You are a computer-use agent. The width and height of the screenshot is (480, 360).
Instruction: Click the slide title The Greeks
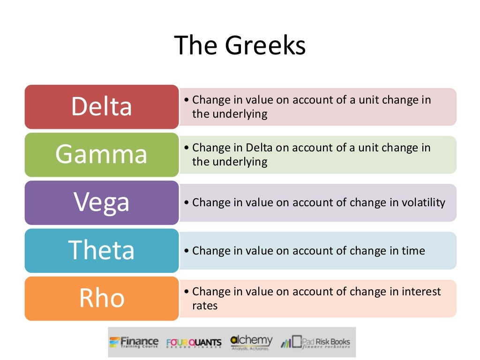[x=240, y=46]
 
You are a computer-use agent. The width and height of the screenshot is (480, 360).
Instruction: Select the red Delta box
[x=102, y=107]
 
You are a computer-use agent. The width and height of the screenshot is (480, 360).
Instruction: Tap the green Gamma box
[x=102, y=155]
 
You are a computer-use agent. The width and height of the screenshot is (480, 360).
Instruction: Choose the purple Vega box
[x=102, y=202]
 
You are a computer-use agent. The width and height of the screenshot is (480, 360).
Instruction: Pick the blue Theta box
[x=102, y=250]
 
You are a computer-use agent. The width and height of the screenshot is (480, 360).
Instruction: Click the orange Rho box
[x=102, y=299]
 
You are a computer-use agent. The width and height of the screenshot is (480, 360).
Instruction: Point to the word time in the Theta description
[x=413, y=251]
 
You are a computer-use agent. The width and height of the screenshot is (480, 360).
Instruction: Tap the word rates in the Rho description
[x=205, y=306]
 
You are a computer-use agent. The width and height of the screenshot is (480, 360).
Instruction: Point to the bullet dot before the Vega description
[x=187, y=203]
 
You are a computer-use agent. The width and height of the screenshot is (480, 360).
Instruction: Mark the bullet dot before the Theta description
[x=187, y=251]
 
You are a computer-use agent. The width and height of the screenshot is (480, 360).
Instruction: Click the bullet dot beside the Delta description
[x=187, y=100]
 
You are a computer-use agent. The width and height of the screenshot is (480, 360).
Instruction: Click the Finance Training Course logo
[x=134, y=342]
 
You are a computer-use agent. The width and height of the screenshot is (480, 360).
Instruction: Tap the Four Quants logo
[x=194, y=343]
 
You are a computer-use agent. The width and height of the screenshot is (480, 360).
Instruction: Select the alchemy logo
[x=251, y=342]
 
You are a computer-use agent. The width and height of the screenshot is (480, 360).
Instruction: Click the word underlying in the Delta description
[x=242, y=114]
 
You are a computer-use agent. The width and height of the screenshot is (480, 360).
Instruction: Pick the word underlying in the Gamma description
[x=242, y=162]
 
